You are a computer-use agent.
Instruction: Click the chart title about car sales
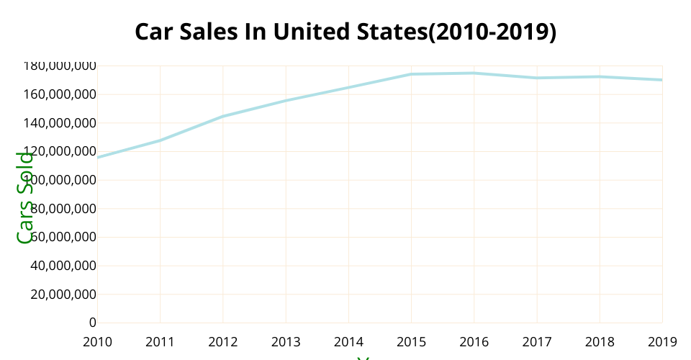click(345, 32)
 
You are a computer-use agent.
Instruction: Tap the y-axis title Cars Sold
click(25, 197)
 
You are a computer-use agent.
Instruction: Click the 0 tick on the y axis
click(91, 323)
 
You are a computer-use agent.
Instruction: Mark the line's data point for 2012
click(222, 116)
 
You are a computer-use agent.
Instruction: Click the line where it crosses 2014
click(348, 87)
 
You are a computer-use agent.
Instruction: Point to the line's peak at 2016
click(474, 73)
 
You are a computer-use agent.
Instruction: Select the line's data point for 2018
click(599, 76)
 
